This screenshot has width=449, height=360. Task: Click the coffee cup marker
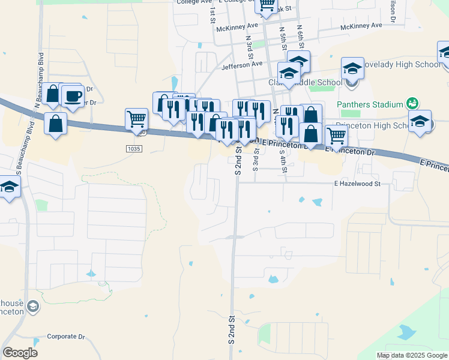coord(73,96)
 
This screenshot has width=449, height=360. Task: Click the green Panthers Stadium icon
coord(412,103)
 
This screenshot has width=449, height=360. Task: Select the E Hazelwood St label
coord(358,184)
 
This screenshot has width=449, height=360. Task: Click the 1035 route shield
coord(134,148)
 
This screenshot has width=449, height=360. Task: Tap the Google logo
coord(20,353)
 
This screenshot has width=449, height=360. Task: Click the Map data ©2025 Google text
coord(412,355)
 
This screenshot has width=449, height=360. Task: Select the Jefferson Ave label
coord(242,64)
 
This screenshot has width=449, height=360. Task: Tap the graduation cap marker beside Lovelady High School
coord(352,69)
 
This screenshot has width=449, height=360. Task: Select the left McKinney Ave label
coord(237,26)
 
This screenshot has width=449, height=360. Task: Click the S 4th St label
coord(284,161)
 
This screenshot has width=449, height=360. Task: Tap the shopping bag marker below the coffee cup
coord(56,124)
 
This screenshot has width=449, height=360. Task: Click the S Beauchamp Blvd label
coord(19,180)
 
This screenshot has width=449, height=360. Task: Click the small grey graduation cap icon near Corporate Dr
coord(34,307)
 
